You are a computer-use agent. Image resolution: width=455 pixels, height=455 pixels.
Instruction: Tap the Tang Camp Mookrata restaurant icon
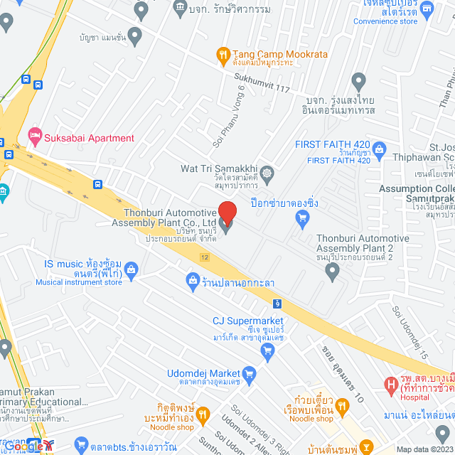coord(223,54)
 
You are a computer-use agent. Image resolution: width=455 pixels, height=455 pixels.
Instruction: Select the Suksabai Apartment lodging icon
coord(33,135)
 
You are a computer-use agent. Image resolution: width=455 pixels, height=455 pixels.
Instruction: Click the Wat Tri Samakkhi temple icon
coord(267,173)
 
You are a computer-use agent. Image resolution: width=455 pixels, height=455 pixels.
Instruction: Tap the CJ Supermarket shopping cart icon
coord(268,353)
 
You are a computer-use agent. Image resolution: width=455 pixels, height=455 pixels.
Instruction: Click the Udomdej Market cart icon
coord(249,373)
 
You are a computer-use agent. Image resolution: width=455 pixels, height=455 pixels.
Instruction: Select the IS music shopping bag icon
coord(131,269)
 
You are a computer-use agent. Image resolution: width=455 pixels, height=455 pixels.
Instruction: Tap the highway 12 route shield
coord(205,257)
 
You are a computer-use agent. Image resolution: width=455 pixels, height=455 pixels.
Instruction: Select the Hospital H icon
coord(390,385)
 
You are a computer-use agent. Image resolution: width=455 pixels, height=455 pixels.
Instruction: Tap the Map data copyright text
coord(422,449)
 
